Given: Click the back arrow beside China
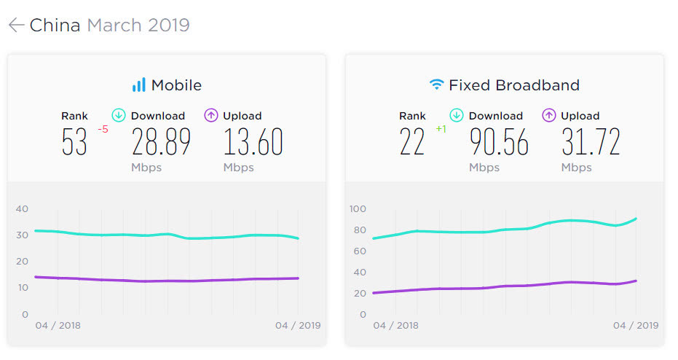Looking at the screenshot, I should [x=16, y=26].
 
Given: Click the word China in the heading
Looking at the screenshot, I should [x=55, y=26].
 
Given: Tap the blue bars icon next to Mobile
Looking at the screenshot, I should [x=138, y=85].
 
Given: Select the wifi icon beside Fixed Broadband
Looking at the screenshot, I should [x=436, y=85].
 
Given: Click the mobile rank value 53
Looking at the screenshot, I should [x=74, y=143].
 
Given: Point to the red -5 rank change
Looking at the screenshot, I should [x=103, y=130].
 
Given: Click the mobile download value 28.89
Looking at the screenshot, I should [x=161, y=143].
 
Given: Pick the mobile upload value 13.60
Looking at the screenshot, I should [x=253, y=143].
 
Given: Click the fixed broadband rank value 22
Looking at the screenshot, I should [x=412, y=143].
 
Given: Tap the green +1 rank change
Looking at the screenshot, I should [x=441, y=130].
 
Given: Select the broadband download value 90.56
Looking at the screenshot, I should [x=499, y=143].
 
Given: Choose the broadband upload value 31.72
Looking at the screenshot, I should [x=591, y=143].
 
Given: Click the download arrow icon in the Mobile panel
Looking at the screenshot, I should [x=119, y=115].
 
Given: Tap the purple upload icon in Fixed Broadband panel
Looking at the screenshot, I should [x=549, y=115].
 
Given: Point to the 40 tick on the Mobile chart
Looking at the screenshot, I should [x=22, y=209].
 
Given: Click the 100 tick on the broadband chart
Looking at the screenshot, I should [x=358, y=209].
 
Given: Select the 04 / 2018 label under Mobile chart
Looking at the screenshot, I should [x=58, y=325].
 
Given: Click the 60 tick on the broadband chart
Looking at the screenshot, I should [x=358, y=251].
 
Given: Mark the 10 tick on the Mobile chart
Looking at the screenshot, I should [x=22, y=288].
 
